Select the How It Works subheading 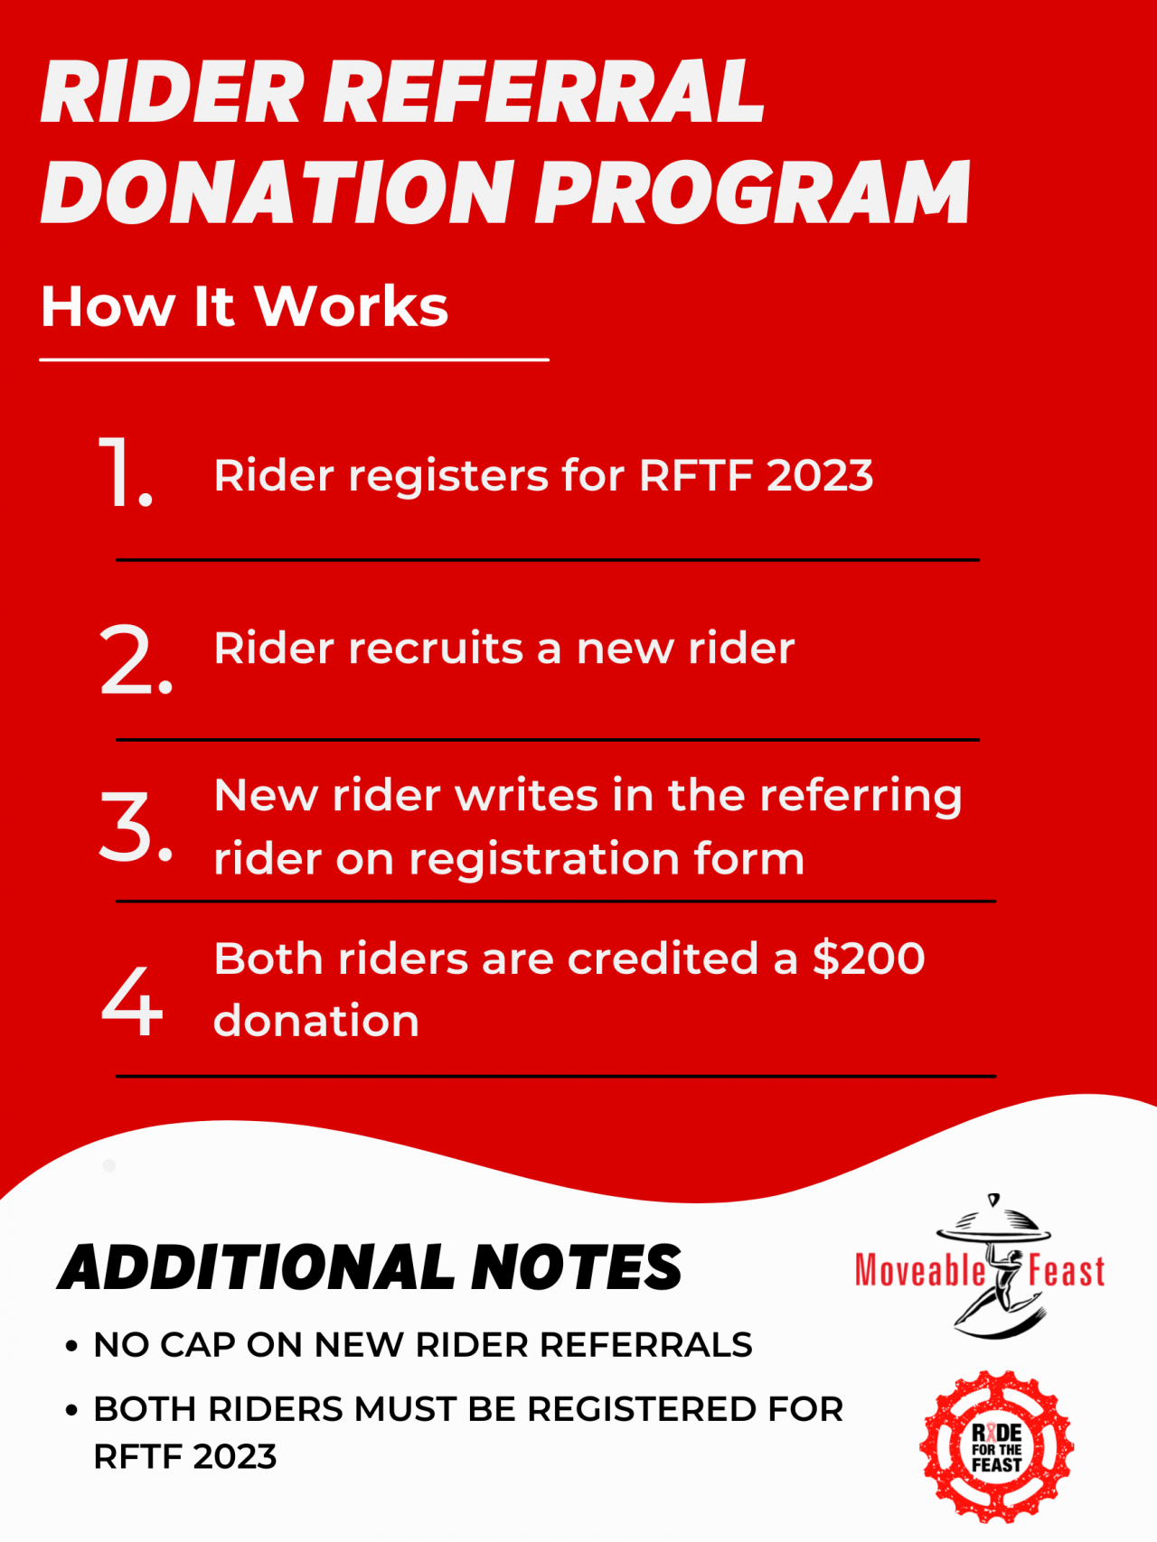[244, 306]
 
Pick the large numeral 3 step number [134, 826]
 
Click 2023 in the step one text [820, 475]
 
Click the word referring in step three [861, 797]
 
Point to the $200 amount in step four [869, 958]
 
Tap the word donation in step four [316, 1022]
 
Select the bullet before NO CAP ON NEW [71, 1346]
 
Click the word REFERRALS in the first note [645, 1345]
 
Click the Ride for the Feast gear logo [996, 1447]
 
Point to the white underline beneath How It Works [294, 360]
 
